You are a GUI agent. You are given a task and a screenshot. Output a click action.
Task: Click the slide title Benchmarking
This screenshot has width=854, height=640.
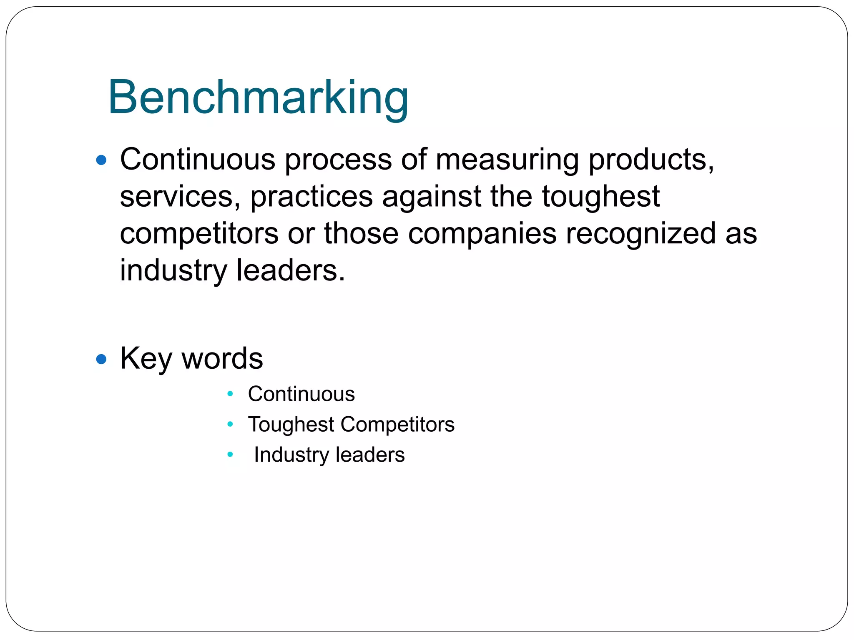click(x=258, y=98)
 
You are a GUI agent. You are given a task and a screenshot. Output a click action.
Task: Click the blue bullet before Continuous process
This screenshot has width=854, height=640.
click(x=101, y=160)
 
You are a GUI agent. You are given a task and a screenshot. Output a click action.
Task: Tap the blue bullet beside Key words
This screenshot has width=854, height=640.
click(x=101, y=359)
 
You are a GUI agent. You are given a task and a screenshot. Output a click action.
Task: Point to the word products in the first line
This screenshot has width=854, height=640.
click(x=651, y=160)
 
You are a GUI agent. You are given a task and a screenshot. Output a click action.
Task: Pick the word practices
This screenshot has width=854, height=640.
click(x=311, y=197)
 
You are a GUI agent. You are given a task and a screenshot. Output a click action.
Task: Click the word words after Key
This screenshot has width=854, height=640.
click(x=222, y=359)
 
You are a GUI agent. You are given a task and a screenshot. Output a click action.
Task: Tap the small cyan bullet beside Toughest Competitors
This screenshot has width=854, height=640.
click(x=230, y=424)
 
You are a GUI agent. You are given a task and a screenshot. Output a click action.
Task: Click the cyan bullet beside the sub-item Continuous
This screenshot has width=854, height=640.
click(x=230, y=394)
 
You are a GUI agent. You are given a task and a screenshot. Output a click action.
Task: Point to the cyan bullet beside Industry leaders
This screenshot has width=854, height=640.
click(x=230, y=455)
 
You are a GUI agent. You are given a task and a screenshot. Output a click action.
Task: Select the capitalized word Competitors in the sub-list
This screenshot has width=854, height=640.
click(x=397, y=425)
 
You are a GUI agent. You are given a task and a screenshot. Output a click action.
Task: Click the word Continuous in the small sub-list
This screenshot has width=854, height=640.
click(x=301, y=394)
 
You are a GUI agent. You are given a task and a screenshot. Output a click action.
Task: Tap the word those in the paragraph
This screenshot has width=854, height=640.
click(x=361, y=233)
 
